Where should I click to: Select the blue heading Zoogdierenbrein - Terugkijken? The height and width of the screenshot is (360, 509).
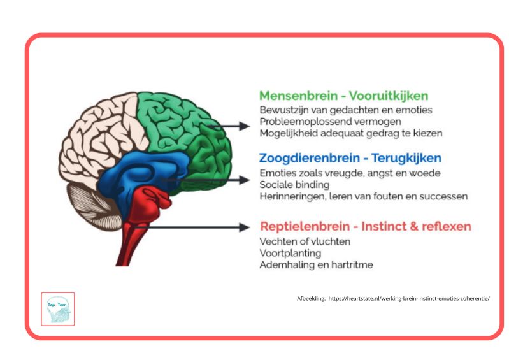pos(350,158)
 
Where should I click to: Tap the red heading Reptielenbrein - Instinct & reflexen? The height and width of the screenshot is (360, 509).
pos(366,226)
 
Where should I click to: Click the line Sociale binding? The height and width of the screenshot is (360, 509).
pos(294,185)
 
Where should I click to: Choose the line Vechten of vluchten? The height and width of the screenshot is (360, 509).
pos(305,241)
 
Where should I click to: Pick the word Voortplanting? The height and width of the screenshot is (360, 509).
pos(290,253)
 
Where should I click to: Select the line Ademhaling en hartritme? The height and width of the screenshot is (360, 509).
pos(316,264)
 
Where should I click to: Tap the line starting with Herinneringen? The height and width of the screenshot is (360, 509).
pos(363,196)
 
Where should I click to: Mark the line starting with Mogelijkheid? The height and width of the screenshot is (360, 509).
pos(350,133)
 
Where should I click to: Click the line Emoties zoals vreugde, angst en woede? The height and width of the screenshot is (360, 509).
pos(350,173)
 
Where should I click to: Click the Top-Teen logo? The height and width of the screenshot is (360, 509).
pos(58,309)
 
